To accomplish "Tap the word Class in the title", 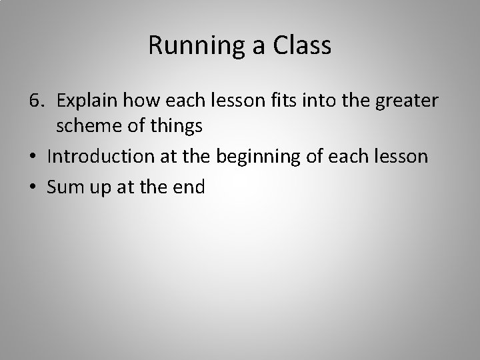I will [305, 45].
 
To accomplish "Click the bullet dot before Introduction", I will [33, 157].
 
